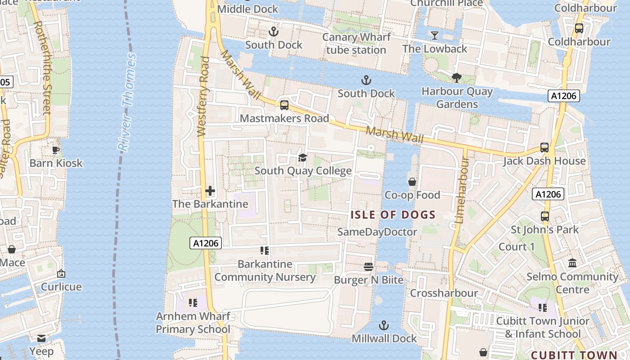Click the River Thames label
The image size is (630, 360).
126,103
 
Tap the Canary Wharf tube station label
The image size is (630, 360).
356,44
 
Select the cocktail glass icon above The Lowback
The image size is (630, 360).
434,35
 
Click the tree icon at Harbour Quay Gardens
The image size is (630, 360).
457,78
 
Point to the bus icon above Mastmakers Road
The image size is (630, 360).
284,105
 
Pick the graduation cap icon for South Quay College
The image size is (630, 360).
302,157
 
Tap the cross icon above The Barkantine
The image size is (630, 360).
210,191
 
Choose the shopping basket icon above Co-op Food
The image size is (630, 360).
412,182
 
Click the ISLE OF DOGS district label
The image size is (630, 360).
393,215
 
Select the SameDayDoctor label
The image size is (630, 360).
377,232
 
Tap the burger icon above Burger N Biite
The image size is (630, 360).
369,267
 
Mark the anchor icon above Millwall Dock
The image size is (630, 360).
384,325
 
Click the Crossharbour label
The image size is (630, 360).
444,293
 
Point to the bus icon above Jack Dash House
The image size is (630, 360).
544,148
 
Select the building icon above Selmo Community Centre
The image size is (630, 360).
572,263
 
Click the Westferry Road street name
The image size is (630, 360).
203,97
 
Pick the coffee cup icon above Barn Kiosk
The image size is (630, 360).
56,150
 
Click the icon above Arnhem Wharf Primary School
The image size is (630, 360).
193,302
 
